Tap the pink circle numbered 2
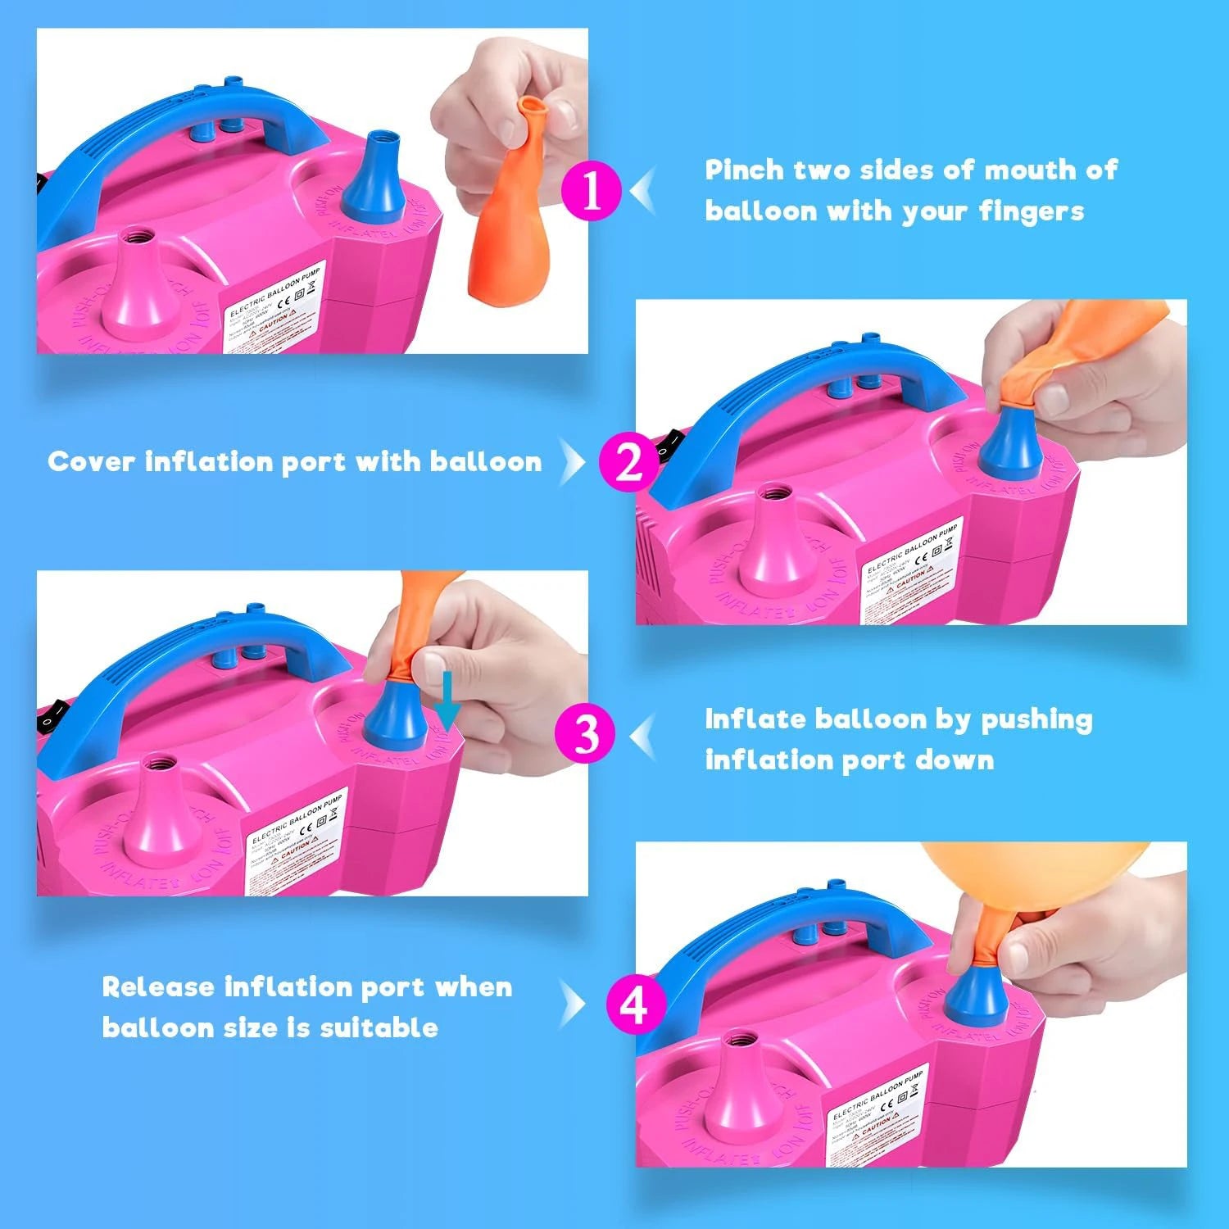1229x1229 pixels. point(628,462)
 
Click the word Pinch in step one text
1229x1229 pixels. point(744,170)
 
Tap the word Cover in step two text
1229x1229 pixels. point(90,461)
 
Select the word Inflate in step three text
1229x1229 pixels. point(755,719)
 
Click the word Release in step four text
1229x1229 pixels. point(157,986)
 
